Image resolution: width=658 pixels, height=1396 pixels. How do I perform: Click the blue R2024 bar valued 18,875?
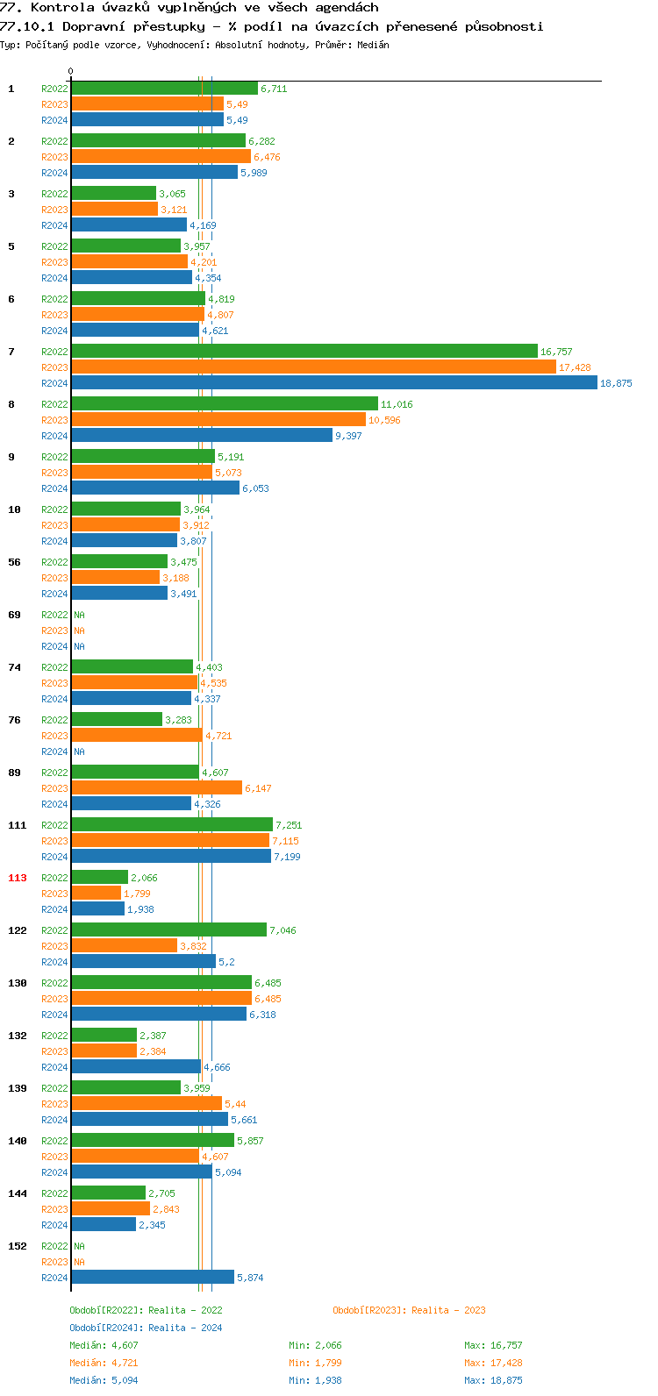click(333, 383)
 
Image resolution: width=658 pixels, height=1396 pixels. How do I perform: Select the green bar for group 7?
click(304, 352)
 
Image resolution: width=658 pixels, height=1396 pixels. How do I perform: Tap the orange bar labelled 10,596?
click(218, 420)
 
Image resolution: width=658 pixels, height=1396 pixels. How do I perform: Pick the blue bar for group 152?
click(152, 1278)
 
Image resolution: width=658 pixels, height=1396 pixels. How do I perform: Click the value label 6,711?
click(274, 89)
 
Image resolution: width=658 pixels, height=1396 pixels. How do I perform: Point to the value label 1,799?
click(137, 894)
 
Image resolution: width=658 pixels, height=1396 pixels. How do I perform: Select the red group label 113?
click(18, 878)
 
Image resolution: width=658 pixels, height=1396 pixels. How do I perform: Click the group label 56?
click(14, 562)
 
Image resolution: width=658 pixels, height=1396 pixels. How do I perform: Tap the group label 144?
click(18, 1193)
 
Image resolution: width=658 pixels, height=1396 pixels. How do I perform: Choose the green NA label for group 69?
click(79, 615)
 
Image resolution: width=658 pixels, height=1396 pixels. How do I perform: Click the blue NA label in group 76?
click(79, 751)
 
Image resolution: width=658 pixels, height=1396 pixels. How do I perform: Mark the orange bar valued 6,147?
click(156, 788)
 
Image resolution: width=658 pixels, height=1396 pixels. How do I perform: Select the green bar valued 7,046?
click(168, 930)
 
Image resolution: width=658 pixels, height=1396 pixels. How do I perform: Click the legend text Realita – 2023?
click(448, 1310)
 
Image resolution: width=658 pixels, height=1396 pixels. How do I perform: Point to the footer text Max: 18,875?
click(493, 1380)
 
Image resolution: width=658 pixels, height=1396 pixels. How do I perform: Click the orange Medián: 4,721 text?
click(104, 1363)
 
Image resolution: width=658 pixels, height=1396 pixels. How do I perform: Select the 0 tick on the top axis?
click(71, 72)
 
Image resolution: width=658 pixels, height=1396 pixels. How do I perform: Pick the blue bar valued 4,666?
click(135, 1067)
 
